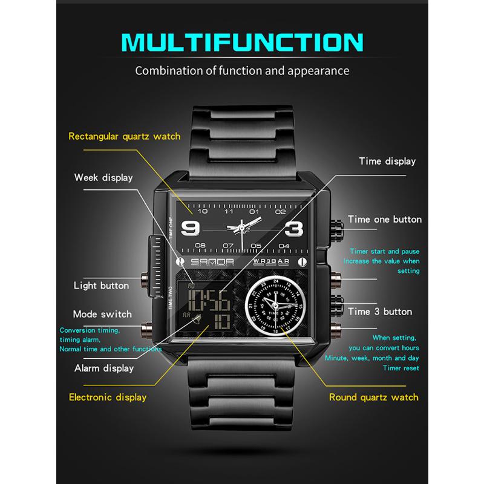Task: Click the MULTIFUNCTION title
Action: pos(243,42)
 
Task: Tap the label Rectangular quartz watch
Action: pos(125,137)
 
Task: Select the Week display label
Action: pos(103,177)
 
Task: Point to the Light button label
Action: pos(101,286)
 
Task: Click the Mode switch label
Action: pos(102,314)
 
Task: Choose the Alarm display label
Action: pos(104,368)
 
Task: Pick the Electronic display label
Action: pos(108,397)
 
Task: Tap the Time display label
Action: pos(387,161)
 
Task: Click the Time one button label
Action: pos(385,219)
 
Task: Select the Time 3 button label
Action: pos(380,312)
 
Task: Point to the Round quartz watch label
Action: pos(374,397)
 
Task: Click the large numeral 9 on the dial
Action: pos(190,229)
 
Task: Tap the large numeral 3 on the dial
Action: pos(294,229)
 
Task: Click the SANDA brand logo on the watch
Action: pos(212,262)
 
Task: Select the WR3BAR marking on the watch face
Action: pos(271,262)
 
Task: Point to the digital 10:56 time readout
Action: pos(209,300)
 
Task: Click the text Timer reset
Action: pos(401,368)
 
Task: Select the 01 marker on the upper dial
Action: pos(254,211)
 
